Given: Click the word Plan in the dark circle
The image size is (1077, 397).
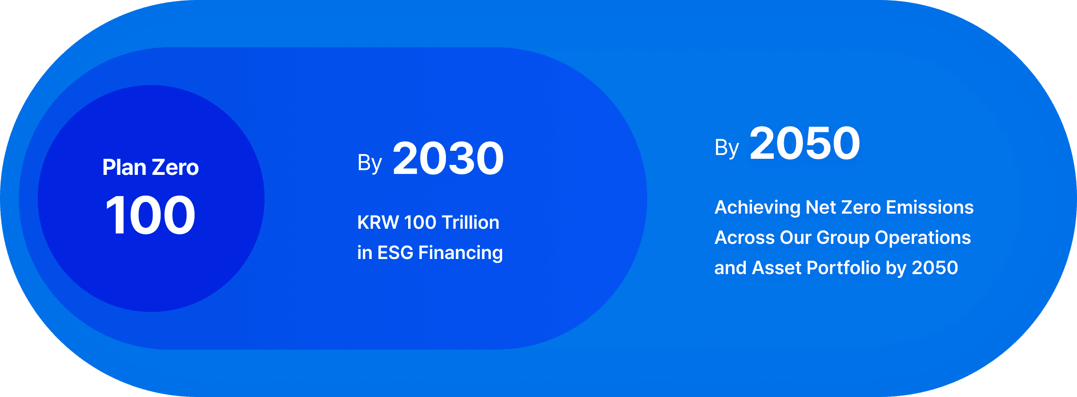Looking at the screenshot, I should click(124, 168).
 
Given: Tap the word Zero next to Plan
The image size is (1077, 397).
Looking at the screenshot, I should click(175, 168).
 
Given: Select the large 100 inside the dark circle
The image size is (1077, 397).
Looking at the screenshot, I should click(150, 216).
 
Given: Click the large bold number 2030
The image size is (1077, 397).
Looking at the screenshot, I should click(448, 159).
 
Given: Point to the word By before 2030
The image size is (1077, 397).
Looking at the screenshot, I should click(369, 163).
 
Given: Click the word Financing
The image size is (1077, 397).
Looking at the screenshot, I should click(461, 253).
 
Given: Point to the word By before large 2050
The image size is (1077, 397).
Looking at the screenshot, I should click(727, 148).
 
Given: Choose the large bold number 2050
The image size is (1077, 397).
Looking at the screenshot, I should click(804, 144).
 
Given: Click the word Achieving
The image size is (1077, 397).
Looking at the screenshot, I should click(757, 208).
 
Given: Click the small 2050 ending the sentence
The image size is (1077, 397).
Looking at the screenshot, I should click(935, 268).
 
